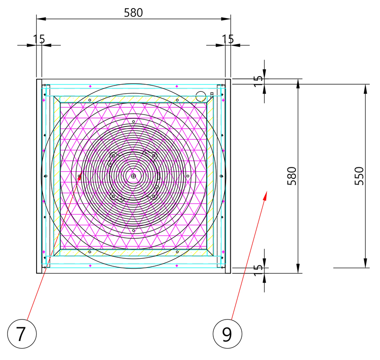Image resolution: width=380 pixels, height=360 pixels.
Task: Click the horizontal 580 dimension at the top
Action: (133, 13)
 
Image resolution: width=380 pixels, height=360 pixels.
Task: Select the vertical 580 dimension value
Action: (292, 176)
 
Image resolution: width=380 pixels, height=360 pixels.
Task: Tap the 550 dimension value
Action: (359, 176)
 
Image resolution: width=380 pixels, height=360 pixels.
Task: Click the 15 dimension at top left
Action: (39, 39)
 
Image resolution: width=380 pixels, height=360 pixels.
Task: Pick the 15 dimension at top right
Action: (228, 39)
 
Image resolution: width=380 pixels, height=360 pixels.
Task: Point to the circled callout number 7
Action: (22, 334)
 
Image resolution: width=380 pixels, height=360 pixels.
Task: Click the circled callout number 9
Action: (228, 334)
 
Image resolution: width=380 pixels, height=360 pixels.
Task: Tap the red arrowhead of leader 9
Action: (266, 195)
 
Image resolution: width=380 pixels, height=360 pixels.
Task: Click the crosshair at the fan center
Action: (133, 176)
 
